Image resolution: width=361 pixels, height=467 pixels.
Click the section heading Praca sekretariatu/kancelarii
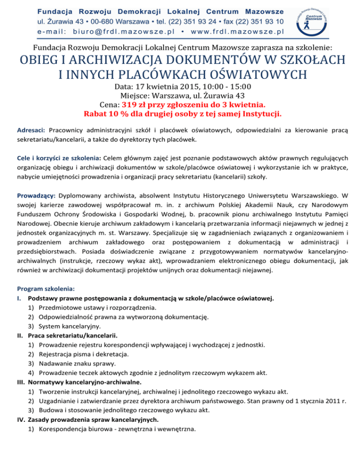coord(73,335)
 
